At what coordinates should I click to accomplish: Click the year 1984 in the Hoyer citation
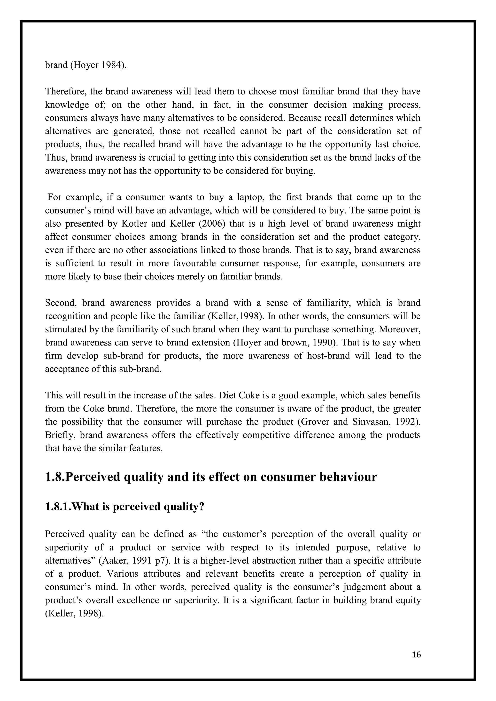111,65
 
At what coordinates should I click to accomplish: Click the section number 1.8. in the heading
55,477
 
